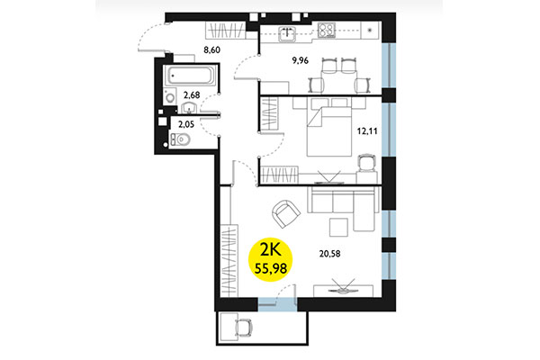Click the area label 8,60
[212, 50]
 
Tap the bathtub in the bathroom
[189, 75]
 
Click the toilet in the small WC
[178, 139]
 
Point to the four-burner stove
[328, 29]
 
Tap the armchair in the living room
[285, 214]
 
